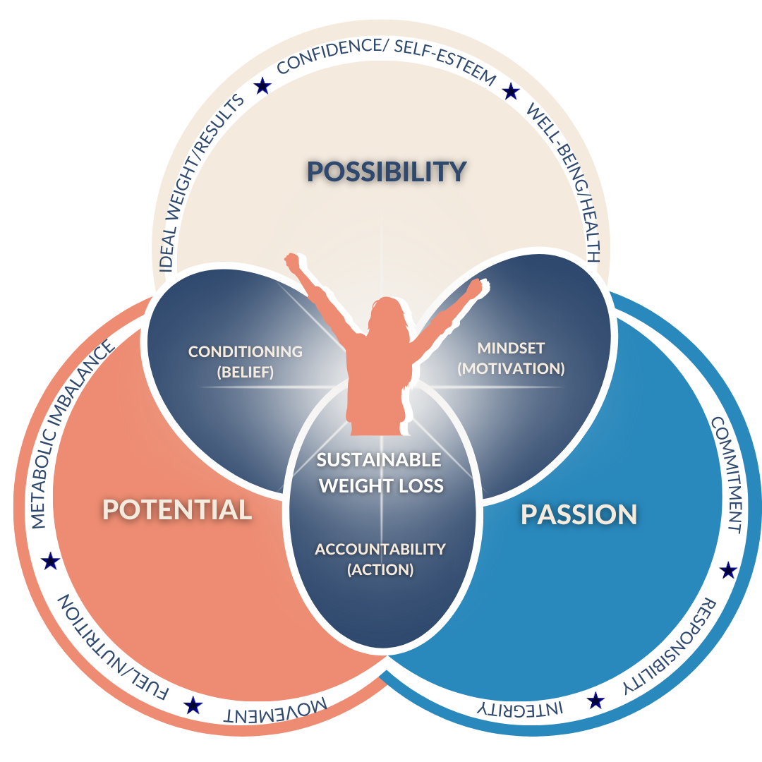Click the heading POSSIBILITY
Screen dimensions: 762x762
[x=387, y=171]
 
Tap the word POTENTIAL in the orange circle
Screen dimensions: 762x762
[x=177, y=509]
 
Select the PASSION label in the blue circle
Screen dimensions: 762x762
[x=579, y=514]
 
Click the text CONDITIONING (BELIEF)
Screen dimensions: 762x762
[x=246, y=361]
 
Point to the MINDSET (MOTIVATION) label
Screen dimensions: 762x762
[x=511, y=358]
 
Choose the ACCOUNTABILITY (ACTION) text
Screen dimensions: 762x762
[x=380, y=559]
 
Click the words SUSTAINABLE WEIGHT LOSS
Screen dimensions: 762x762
[x=380, y=473]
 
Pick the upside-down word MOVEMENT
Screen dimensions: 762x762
[x=275, y=708]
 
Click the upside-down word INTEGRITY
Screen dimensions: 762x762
[x=519, y=708]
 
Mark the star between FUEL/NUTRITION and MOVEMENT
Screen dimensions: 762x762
[x=191, y=704]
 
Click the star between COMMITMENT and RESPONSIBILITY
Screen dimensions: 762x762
[x=727, y=570]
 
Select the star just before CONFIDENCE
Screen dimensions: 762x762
[x=262, y=86]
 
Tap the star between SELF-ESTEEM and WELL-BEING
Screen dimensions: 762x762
[x=510, y=91]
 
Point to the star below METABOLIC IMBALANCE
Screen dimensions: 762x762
[x=50, y=562]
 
